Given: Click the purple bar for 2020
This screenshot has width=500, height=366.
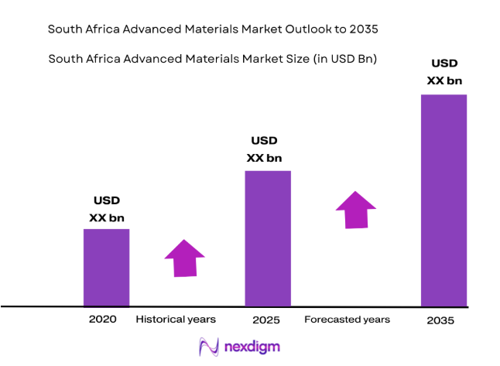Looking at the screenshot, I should tap(106, 267).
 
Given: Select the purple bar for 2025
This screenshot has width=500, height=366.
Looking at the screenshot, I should tap(268, 238).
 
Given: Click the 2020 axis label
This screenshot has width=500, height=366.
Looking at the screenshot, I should tap(102, 319).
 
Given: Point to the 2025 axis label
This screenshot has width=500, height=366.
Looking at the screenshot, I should tap(265, 320).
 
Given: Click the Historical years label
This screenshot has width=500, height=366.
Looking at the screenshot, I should tap(176, 319).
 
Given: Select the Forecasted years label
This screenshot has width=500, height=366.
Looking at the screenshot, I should tap(347, 319).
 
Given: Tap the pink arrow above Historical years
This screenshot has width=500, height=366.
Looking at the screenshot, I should tap(184, 258).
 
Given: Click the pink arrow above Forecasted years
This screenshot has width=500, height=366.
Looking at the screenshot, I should tap(355, 209).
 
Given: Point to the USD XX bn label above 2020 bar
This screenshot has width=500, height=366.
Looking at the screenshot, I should tap(106, 209).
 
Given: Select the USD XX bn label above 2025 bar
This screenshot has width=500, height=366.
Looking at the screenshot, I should tap(264, 149).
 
